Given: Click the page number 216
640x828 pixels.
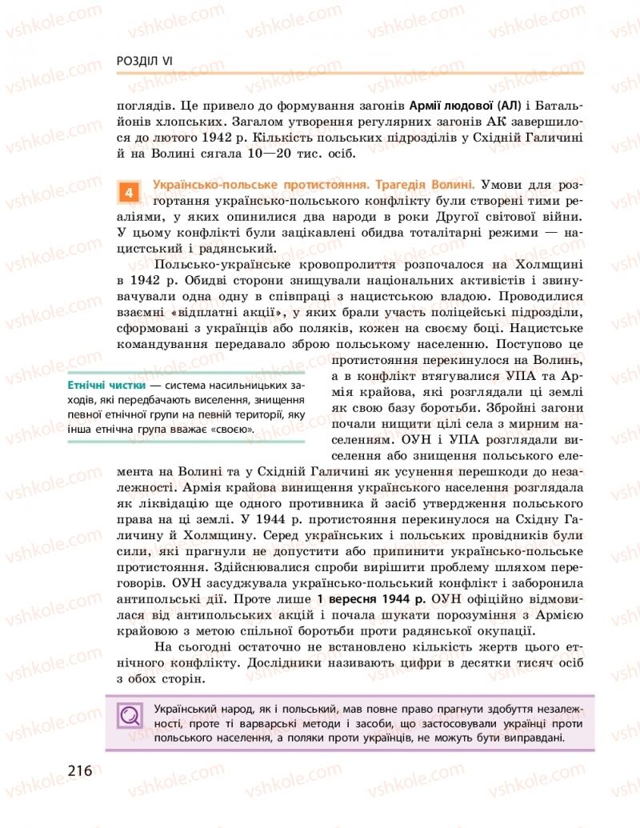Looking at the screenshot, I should (x=80, y=771).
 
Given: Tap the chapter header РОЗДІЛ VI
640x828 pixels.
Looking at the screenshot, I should (x=145, y=62).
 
